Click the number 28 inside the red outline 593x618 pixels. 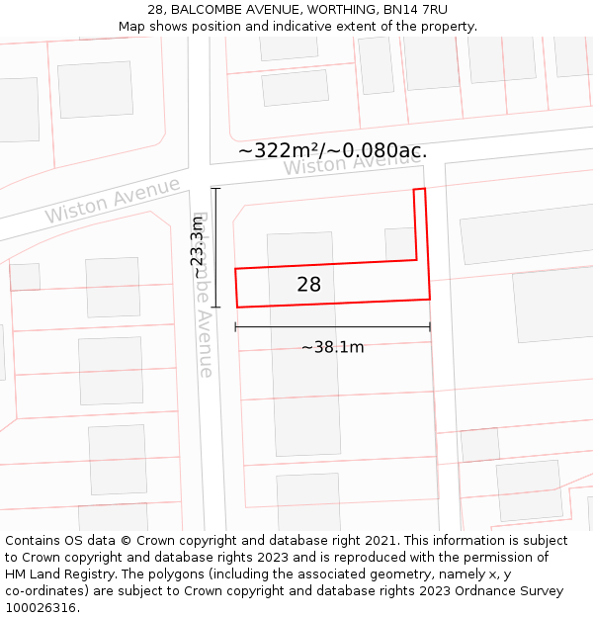tap(308, 285)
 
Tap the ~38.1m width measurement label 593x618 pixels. tap(332, 347)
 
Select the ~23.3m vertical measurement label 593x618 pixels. tap(198, 247)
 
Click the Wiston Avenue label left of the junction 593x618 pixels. tap(112, 200)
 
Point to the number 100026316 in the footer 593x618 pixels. tap(42, 608)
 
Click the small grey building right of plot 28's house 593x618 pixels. tap(399, 244)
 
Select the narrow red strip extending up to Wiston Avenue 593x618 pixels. tap(421, 223)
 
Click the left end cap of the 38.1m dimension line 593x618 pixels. tap(235, 326)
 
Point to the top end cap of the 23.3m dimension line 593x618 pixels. tap(215, 188)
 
